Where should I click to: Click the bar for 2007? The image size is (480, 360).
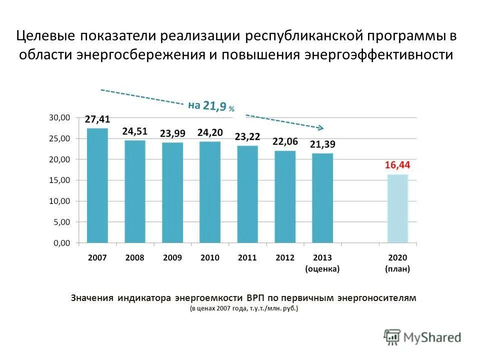point(97,185)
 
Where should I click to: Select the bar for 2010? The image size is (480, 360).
point(210,192)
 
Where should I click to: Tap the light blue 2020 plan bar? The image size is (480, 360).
point(398,208)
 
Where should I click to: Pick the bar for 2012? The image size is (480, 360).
point(285,196)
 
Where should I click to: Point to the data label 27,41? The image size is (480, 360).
point(97,119)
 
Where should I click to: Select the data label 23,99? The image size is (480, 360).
point(172,133)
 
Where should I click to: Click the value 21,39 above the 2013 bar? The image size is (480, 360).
point(322,144)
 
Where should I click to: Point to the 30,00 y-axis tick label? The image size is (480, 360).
point(59,117)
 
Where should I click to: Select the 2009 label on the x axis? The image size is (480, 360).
point(172,258)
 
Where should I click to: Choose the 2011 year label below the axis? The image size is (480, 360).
point(247,258)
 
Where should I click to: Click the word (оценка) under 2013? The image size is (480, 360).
point(322,268)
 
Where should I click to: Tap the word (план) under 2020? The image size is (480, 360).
point(397,268)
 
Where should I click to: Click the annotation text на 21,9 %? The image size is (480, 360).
point(211,105)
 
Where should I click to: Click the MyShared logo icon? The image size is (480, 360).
point(392,337)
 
